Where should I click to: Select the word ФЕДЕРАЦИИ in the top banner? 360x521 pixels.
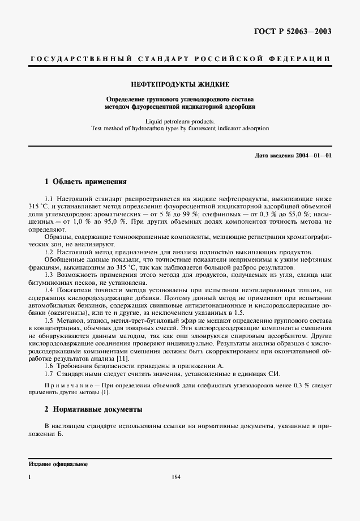point(301,59)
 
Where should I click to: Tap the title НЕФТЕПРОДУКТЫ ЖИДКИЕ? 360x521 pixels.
point(180,84)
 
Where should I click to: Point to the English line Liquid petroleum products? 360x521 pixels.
point(180,121)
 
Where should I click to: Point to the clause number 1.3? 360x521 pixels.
point(49,274)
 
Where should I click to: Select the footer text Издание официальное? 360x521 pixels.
point(58,464)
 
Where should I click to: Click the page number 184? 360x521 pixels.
point(175,477)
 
